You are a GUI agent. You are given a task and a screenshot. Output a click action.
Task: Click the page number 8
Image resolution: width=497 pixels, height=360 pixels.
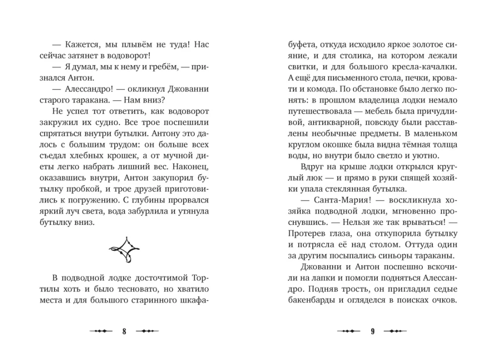125,332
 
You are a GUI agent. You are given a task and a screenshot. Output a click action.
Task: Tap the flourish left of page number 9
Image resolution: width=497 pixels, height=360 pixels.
348,332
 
